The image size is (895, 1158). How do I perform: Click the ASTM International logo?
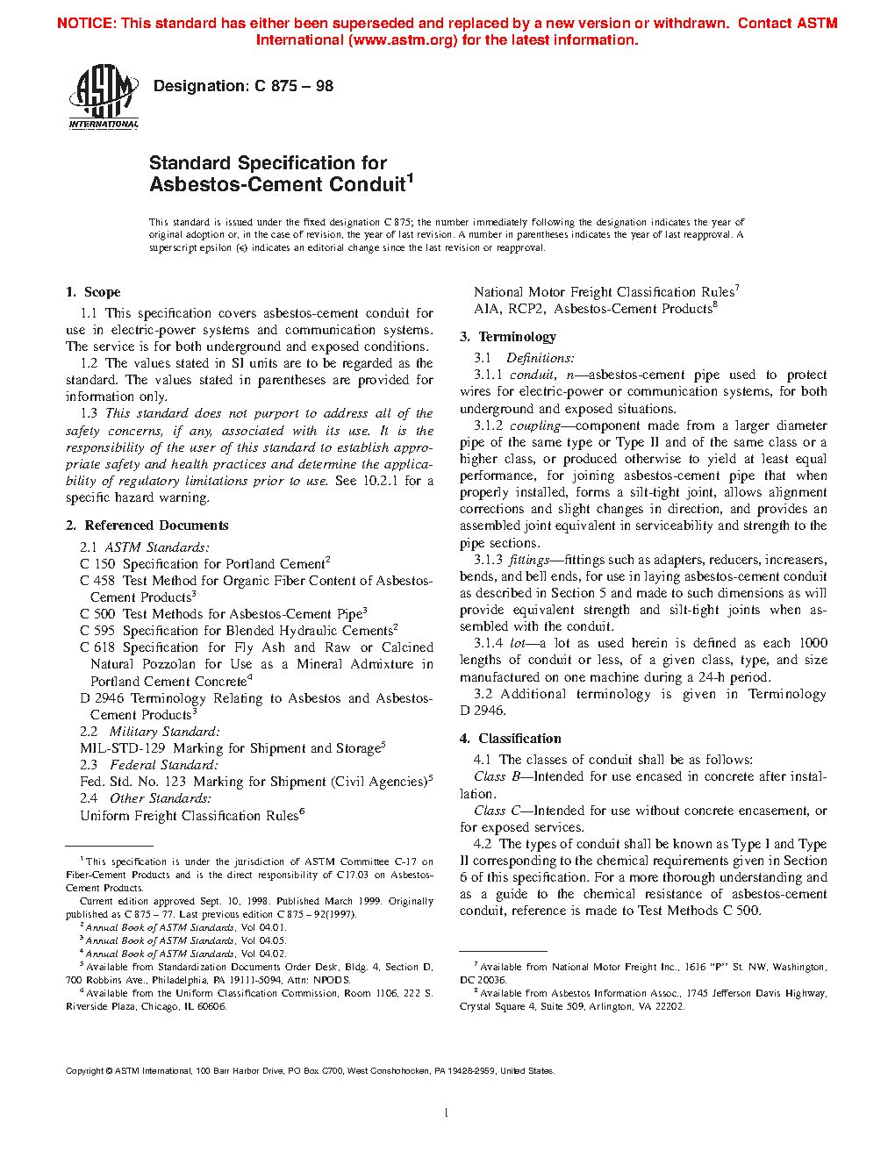click(x=104, y=98)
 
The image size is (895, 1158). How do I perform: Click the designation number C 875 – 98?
click(x=293, y=86)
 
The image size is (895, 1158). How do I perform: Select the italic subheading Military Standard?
click(x=164, y=732)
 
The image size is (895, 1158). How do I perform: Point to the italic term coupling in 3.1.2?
click(x=534, y=425)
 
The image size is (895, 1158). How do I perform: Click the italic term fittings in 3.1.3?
click(x=529, y=560)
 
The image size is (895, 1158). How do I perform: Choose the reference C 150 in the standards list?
click(x=97, y=564)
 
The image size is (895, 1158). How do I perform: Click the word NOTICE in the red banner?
click(x=85, y=24)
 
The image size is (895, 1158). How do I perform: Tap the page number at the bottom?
click(x=447, y=1113)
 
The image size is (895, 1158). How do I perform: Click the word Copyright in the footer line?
click(x=85, y=1071)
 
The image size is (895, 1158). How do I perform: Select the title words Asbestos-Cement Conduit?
click(x=277, y=185)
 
